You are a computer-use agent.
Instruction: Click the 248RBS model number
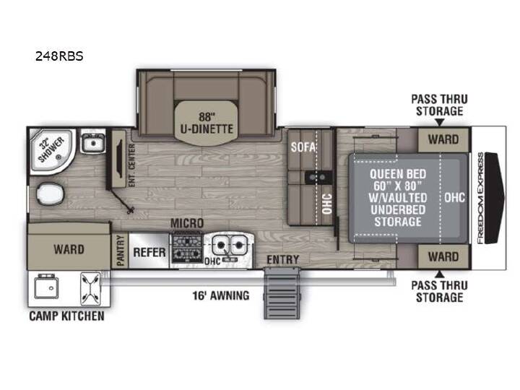coord(59,56)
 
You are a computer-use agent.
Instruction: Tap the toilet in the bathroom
coord(50,194)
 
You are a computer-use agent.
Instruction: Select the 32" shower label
coord(51,149)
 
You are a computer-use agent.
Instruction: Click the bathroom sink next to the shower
coord(93,142)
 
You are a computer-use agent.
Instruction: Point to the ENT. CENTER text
coord(131,165)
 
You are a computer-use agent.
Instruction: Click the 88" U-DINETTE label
coord(207,123)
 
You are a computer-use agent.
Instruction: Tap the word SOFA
coord(303,147)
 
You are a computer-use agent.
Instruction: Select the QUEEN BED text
coord(398,174)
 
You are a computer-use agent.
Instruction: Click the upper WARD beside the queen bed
coord(443,139)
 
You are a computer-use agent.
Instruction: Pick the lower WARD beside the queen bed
coord(443,256)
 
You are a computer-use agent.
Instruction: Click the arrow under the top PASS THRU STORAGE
coord(439,122)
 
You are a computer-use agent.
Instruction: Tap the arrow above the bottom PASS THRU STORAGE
coord(439,274)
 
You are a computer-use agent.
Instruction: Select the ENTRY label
coord(283,260)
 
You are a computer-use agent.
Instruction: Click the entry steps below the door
coord(282,293)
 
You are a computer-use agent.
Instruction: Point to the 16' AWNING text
coord(221,295)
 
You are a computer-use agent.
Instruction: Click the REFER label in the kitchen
coord(149,252)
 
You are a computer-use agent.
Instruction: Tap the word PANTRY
coord(121,251)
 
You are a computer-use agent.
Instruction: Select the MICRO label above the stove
coord(187,223)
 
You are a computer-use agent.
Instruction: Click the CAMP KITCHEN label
coord(66,316)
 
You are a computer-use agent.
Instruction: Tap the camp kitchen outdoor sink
coord(46,287)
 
